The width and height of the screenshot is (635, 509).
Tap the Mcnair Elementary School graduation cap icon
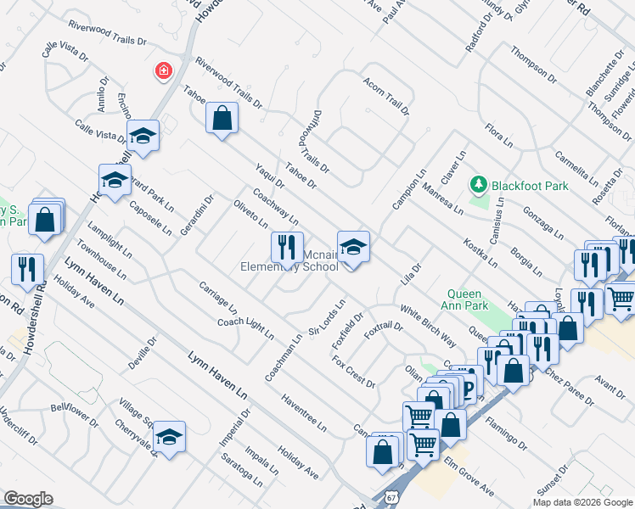tap(353, 247)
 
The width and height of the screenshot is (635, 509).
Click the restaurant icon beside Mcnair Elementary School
tap(287, 247)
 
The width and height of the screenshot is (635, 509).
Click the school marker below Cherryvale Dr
tap(169, 436)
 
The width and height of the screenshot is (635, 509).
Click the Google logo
tap(28, 499)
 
